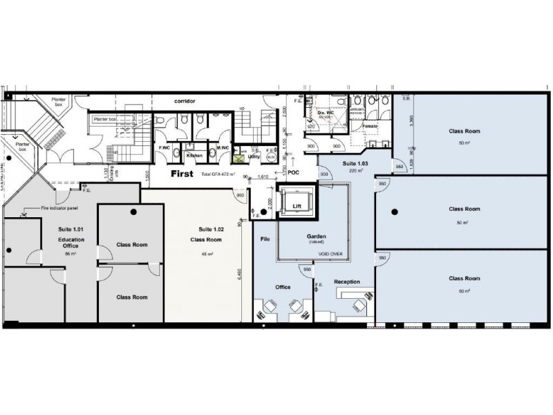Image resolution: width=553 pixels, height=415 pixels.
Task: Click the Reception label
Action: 346,282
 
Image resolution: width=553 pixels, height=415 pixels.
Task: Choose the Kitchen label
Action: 194,156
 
